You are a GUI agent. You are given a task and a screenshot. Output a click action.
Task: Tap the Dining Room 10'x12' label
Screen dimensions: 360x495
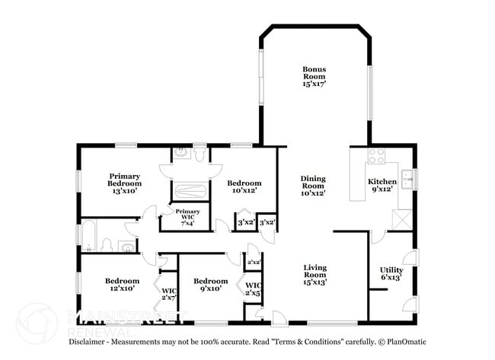pyautogui.click(x=312, y=186)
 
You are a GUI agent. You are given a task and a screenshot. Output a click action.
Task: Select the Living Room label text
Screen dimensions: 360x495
pyautogui.click(x=315, y=275)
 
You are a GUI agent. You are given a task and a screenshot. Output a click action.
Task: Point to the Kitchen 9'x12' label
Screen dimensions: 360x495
pyautogui.click(x=382, y=186)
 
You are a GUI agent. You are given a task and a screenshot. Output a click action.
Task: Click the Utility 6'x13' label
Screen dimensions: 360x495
pyautogui.click(x=391, y=274)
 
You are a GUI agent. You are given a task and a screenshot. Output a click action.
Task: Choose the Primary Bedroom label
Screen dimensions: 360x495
pyautogui.click(x=124, y=183)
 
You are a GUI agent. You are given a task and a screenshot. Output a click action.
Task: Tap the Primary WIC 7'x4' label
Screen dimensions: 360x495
pyautogui.click(x=187, y=216)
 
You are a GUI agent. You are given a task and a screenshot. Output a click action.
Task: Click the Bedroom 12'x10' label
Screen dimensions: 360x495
pyautogui.click(x=122, y=285)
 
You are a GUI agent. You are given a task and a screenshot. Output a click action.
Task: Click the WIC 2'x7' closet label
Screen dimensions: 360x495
pyautogui.click(x=168, y=293)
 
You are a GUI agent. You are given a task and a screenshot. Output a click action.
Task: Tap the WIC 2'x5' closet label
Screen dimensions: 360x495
pyautogui.click(x=253, y=289)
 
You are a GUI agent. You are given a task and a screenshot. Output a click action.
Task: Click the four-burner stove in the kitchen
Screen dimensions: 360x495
pyautogui.click(x=376, y=156)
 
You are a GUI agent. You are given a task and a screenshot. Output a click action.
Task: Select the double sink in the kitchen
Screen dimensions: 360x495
pyautogui.click(x=407, y=180)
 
